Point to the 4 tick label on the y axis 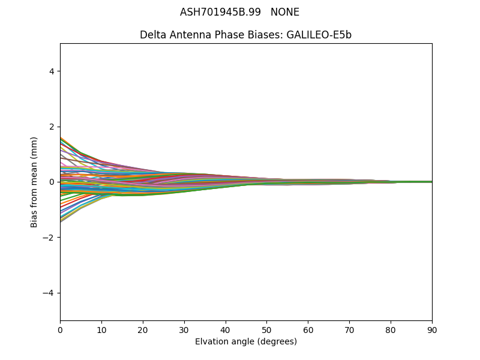coord(52,71)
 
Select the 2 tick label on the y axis coord(52,127)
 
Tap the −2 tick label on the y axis coord(49,238)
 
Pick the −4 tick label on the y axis coord(49,293)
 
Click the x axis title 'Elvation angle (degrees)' coord(246,342)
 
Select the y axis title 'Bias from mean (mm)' coord(35,182)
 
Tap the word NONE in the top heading coord(285,12)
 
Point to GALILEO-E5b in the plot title coord(319,35)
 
